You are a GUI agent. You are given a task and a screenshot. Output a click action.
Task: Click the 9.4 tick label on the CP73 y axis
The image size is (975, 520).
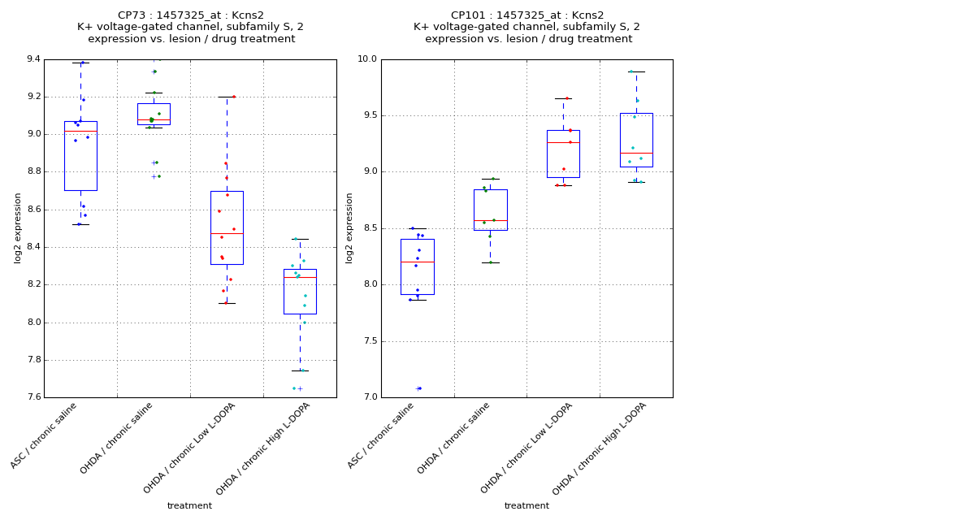point(32,59)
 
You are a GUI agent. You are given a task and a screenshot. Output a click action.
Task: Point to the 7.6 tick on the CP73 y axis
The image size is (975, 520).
point(32,397)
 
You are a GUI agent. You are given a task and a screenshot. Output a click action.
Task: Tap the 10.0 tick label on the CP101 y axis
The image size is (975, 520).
point(367,59)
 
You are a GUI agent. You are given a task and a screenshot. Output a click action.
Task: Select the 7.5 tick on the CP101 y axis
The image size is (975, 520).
point(370,341)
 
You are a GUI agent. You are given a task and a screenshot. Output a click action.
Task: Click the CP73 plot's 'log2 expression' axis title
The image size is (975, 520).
point(18,227)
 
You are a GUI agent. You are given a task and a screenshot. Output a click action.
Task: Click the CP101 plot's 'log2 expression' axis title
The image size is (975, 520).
point(350,227)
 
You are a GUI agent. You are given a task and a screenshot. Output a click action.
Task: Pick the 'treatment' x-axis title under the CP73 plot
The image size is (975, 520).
point(189,505)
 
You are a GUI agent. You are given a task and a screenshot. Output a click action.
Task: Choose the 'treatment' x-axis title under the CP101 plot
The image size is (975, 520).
point(526,505)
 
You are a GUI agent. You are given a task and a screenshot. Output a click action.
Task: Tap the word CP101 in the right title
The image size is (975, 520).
point(468,15)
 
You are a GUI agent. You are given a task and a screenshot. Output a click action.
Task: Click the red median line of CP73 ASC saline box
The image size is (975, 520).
point(80,131)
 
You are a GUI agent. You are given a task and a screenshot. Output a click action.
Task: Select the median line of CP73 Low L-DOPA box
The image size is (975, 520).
point(227,233)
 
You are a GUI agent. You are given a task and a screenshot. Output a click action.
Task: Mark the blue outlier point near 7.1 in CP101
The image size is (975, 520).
point(419,388)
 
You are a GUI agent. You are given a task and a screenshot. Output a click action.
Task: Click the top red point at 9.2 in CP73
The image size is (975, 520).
point(234,97)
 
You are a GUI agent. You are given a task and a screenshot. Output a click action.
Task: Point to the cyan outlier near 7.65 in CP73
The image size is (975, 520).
point(294,388)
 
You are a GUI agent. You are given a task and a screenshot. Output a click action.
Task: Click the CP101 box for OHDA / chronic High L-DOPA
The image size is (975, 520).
point(636,140)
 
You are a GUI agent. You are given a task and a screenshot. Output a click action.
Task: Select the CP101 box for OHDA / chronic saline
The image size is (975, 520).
point(490,210)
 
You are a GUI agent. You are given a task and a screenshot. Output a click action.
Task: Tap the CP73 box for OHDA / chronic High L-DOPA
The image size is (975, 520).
point(300,291)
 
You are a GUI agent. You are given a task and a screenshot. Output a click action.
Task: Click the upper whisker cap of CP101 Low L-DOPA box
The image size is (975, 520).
point(563,98)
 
